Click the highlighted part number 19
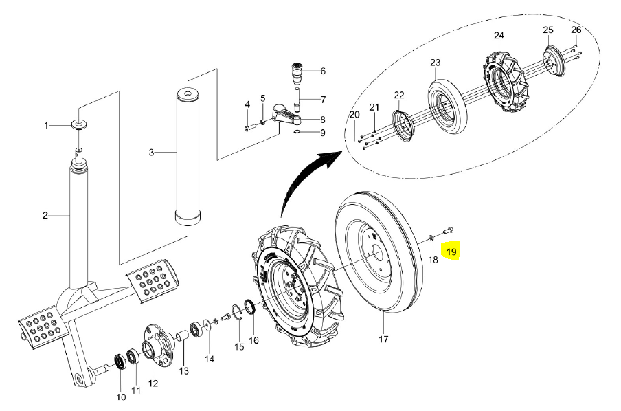(451, 252)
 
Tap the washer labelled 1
(80, 125)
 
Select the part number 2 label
(45, 215)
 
